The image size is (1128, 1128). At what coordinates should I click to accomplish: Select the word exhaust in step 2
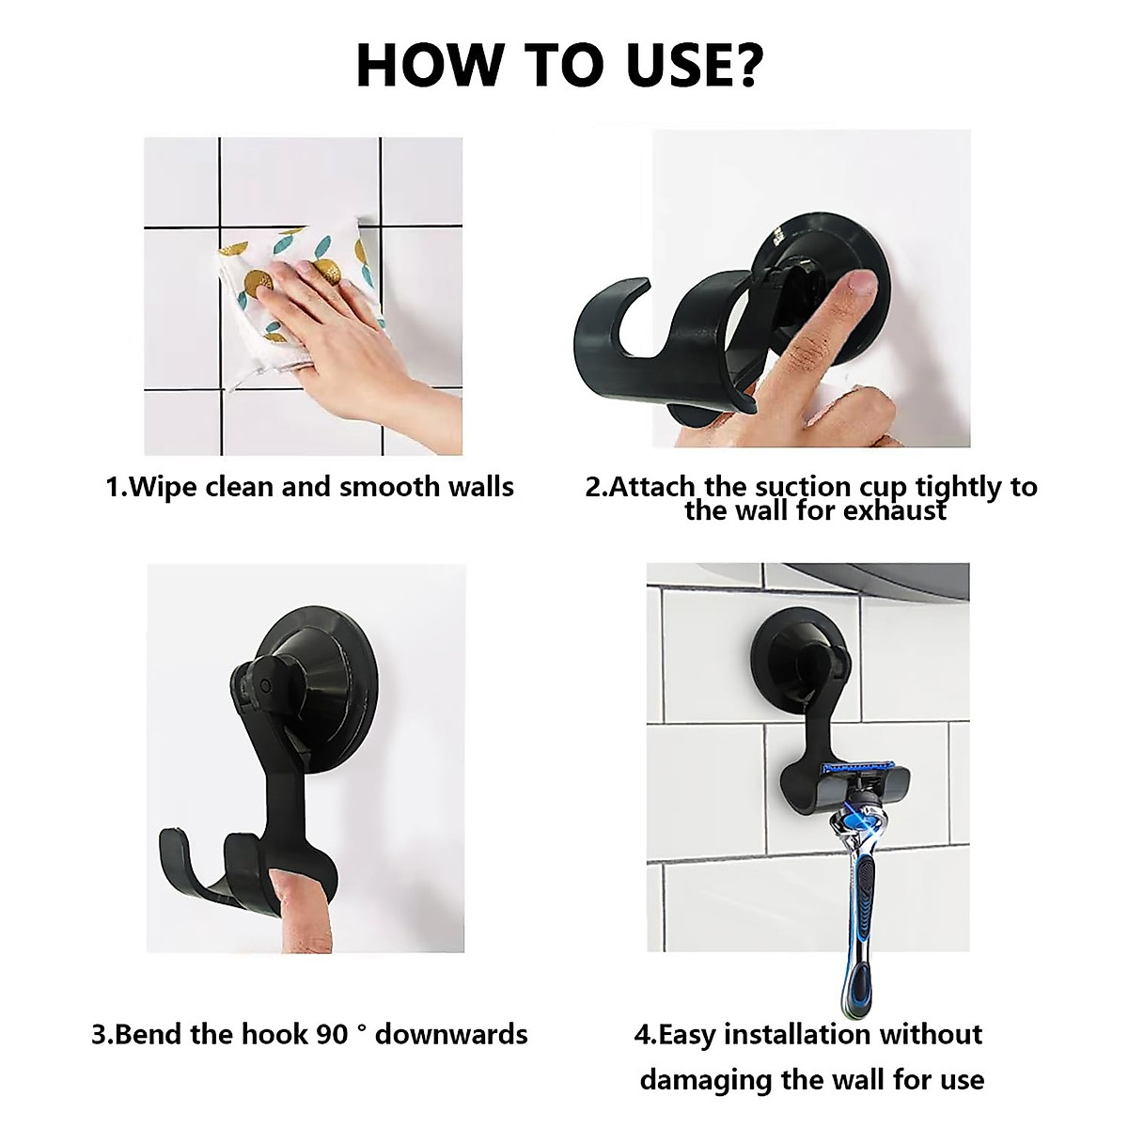click(x=895, y=510)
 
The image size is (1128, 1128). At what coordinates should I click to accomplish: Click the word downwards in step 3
click(x=451, y=1034)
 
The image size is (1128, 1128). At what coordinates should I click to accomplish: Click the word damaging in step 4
click(x=706, y=1080)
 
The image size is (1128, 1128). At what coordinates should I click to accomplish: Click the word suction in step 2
click(x=797, y=487)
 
